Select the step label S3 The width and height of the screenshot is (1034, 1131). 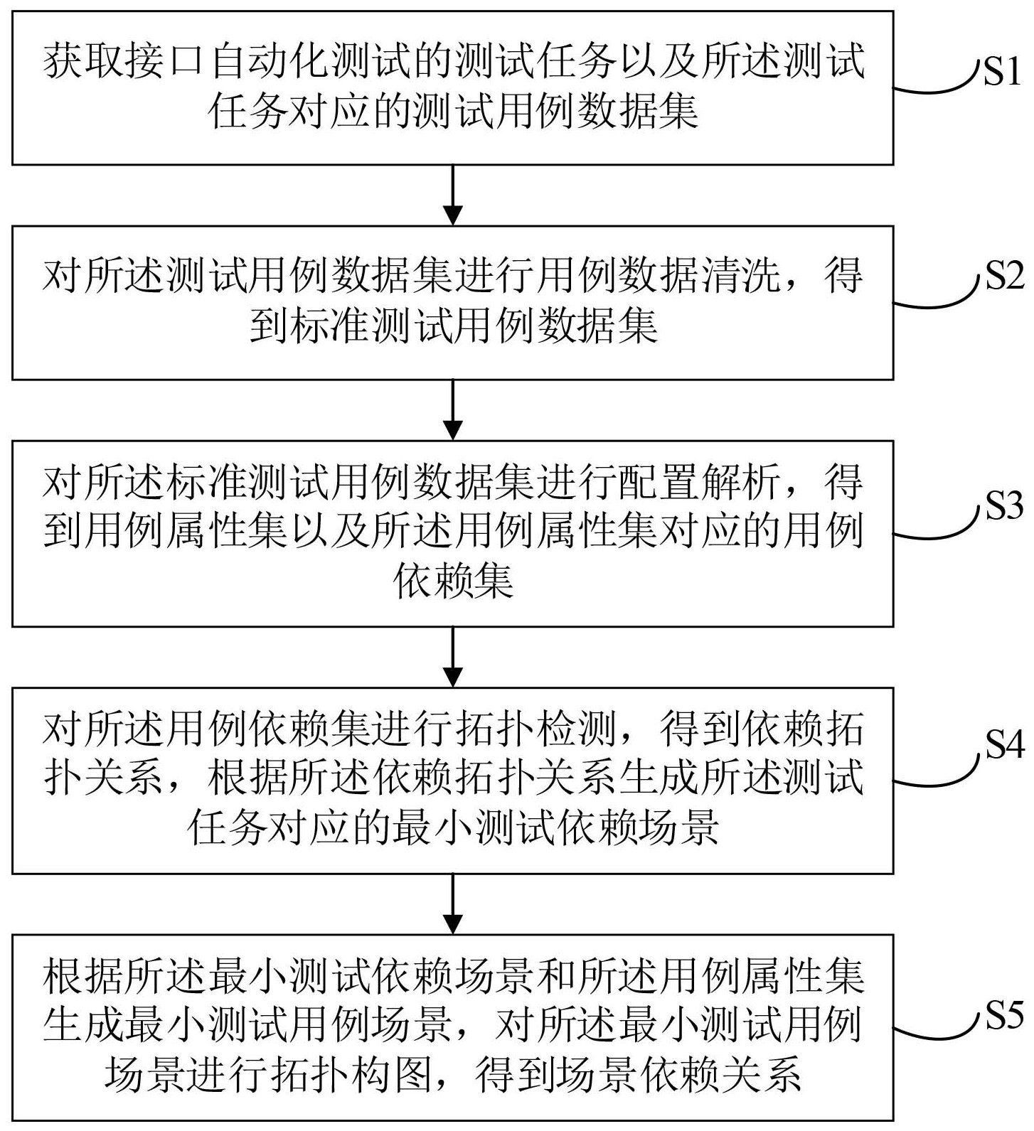1003,505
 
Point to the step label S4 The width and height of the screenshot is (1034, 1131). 1003,744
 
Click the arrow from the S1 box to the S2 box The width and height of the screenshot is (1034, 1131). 452,195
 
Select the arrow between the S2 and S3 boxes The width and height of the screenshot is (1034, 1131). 452,410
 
